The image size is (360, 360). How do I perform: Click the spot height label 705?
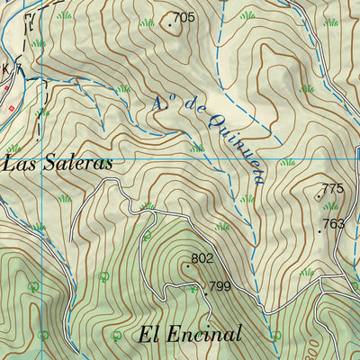tap(184, 17)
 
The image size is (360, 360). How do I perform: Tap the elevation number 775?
tap(333, 189)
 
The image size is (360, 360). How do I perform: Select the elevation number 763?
tap(334, 224)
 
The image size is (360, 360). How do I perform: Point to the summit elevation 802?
tap(202, 259)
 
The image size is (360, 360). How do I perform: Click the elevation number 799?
tap(220, 288)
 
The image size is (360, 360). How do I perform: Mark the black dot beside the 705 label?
tap(170, 24)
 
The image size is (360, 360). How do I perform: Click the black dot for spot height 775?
tap(319, 195)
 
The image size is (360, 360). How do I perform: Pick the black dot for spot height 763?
tap(319, 230)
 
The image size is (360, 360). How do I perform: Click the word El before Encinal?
tap(149, 335)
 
